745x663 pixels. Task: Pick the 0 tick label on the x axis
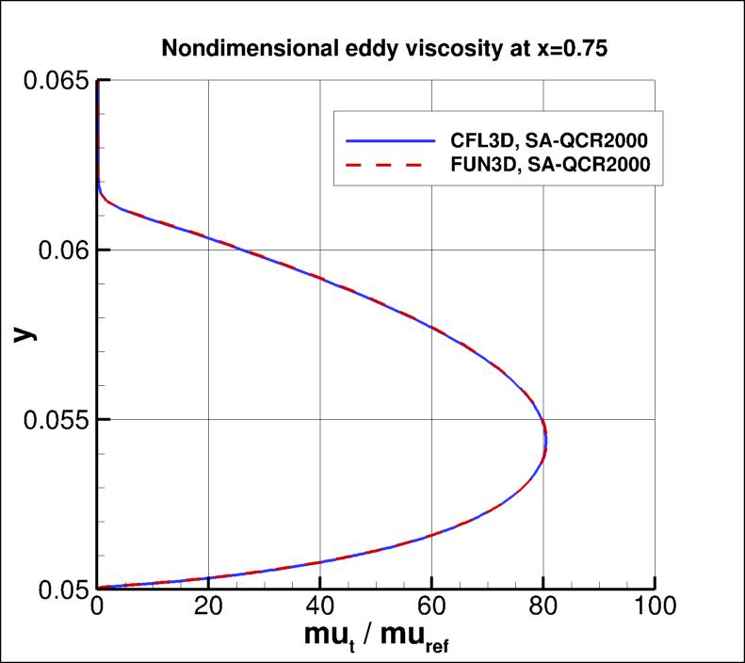[x=97, y=609]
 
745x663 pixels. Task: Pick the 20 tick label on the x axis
[x=208, y=609]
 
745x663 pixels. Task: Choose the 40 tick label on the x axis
[x=320, y=609]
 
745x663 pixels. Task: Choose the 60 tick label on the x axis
[x=431, y=609]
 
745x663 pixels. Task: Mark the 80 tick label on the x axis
[x=543, y=609]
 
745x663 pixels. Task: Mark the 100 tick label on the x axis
[x=654, y=609]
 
